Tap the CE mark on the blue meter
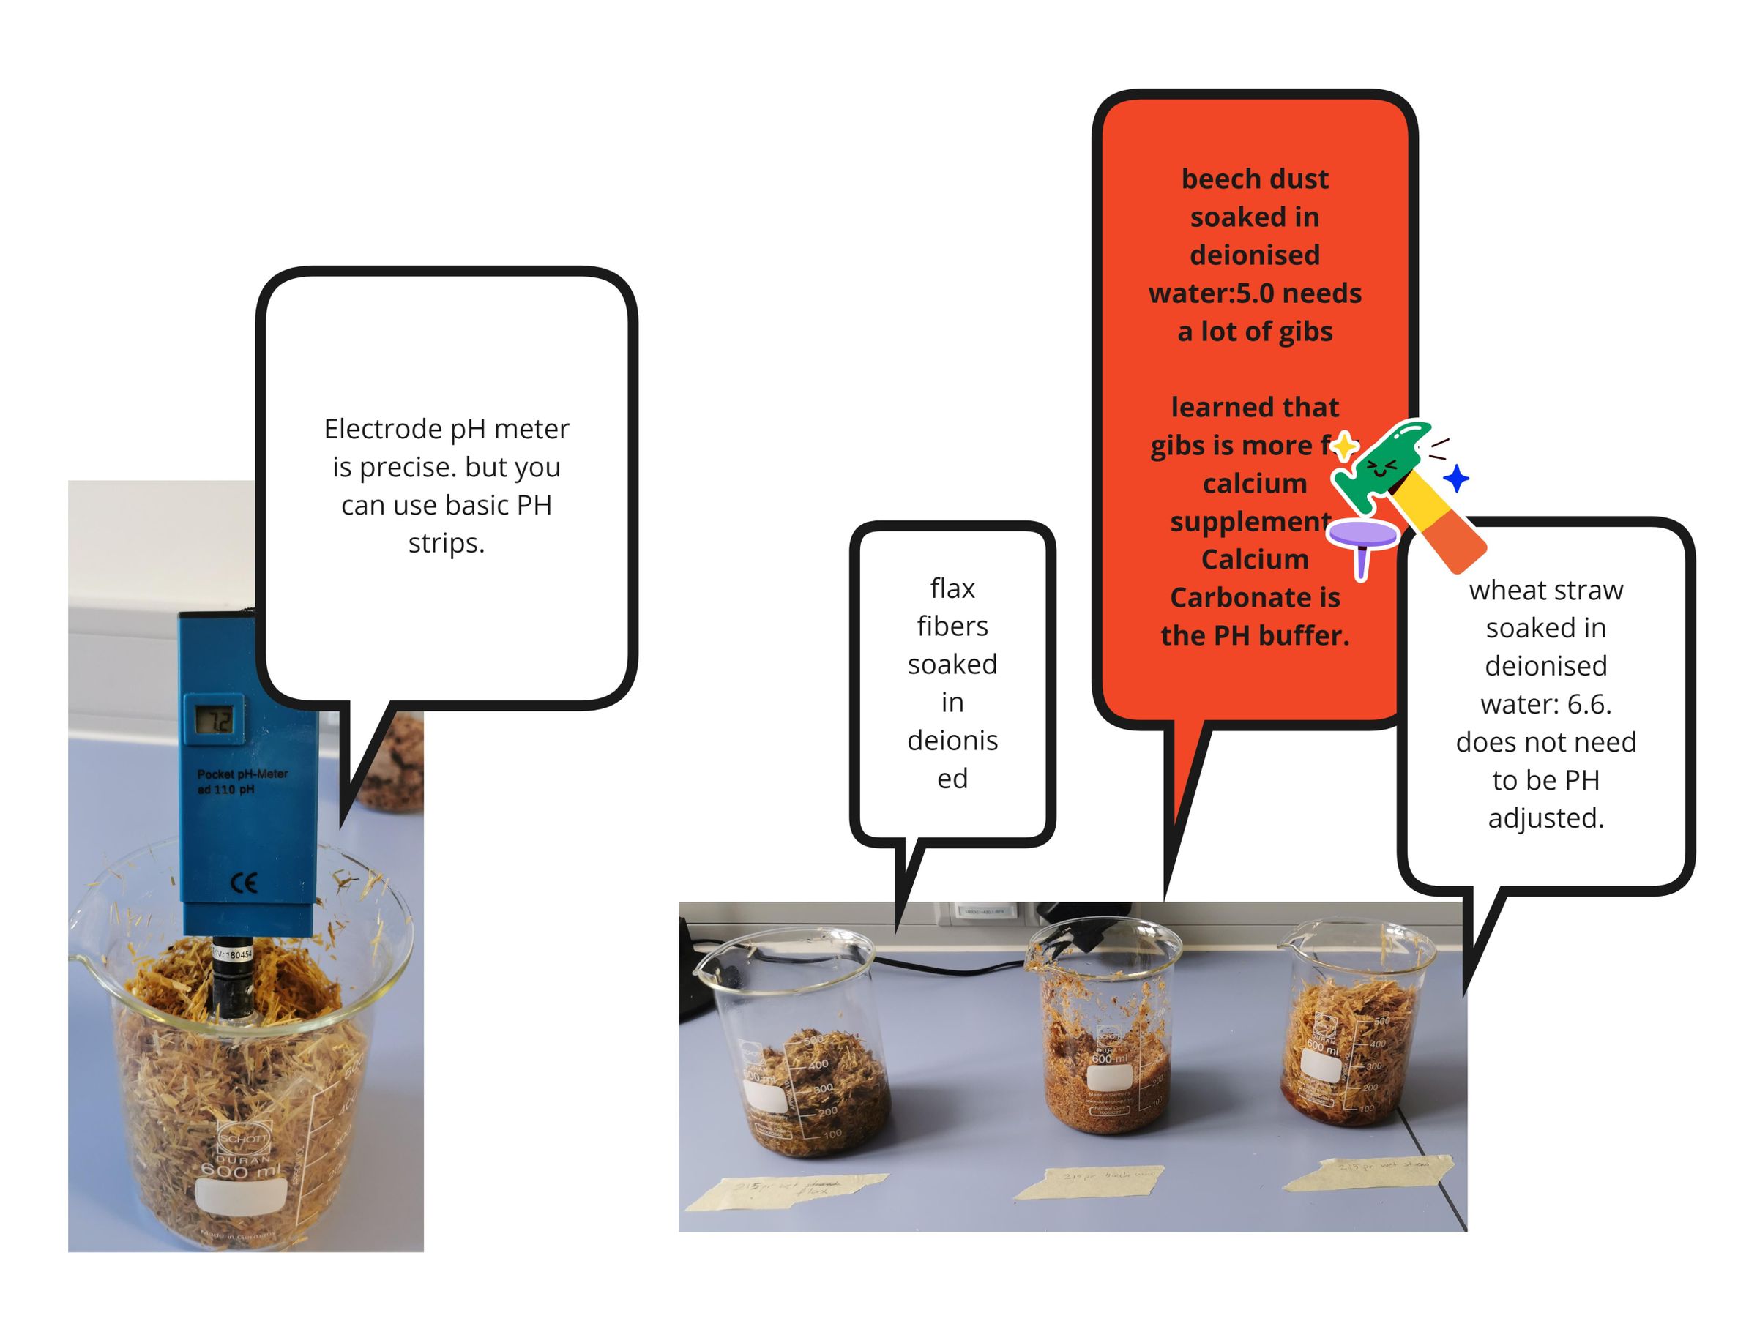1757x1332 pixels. click(244, 883)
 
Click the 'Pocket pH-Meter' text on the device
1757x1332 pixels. click(242, 774)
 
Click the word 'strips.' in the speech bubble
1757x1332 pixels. click(447, 543)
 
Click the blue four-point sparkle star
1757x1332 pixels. click(1456, 479)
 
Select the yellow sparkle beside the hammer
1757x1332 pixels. click(1344, 446)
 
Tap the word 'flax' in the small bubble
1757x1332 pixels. click(952, 588)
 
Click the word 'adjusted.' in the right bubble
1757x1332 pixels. click(1545, 818)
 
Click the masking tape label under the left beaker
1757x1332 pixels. click(786, 1191)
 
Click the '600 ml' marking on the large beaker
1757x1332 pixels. click(240, 1170)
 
